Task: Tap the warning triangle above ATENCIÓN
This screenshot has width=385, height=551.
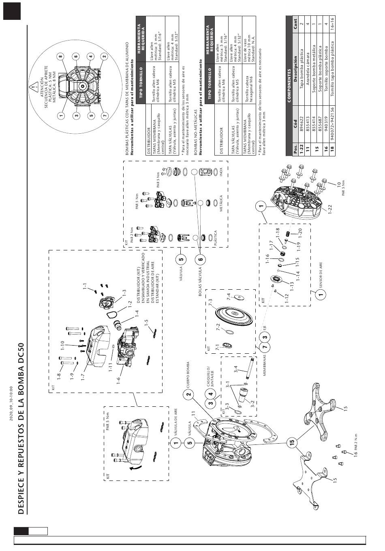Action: pyautogui.click(x=33, y=87)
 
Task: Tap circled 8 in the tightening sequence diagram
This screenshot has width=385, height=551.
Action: pyautogui.click(x=61, y=56)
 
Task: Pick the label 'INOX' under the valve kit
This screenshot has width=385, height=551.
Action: pyautogui.click(x=221, y=173)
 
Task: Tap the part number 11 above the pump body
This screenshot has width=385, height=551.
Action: pyautogui.click(x=194, y=414)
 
